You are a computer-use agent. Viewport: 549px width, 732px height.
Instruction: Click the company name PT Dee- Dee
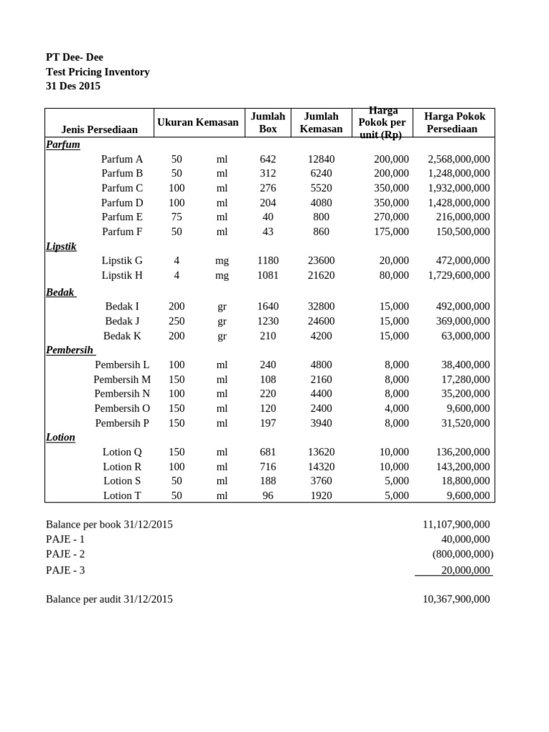(74, 57)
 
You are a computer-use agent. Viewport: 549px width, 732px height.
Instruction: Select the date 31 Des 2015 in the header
(73, 86)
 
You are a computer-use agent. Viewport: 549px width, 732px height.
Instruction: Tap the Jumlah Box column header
(268, 122)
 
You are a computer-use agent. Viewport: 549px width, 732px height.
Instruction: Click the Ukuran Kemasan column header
(198, 122)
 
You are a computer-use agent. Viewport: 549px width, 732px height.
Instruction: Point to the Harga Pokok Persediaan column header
(455, 122)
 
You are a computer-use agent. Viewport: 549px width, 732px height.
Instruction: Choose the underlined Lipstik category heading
(61, 246)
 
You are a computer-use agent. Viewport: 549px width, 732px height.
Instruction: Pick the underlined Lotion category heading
(60, 437)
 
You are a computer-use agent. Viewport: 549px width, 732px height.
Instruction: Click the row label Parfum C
(122, 188)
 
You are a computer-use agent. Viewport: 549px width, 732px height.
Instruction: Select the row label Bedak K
(122, 335)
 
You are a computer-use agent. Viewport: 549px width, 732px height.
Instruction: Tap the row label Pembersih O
(122, 408)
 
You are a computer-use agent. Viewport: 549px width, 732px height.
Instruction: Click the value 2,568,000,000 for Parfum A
(459, 159)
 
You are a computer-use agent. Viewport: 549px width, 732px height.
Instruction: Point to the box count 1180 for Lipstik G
(268, 260)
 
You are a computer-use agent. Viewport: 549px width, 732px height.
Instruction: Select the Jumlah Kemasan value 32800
(321, 307)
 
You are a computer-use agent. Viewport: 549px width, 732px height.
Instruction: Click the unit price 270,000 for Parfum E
(391, 217)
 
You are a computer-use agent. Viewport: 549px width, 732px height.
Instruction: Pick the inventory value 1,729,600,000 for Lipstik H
(459, 275)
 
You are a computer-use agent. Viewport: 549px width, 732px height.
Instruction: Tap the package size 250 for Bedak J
(177, 321)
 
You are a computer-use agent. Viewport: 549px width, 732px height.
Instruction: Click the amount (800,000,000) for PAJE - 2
(463, 554)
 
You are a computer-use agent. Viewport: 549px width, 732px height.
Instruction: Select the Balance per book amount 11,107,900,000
(456, 525)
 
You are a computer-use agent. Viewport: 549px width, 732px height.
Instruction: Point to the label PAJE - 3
(65, 570)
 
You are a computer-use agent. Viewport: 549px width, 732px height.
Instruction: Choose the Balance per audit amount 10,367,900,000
(456, 599)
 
